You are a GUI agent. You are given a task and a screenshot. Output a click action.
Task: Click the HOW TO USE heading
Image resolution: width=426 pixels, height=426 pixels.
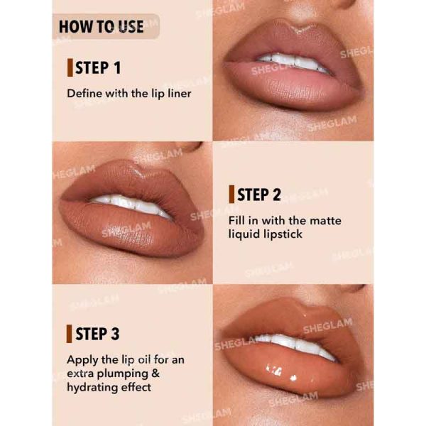101,27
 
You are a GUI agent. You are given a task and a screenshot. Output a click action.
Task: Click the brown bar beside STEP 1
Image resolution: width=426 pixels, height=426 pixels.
70,68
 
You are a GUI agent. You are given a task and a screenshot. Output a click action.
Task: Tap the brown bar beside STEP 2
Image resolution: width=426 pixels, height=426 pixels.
231,195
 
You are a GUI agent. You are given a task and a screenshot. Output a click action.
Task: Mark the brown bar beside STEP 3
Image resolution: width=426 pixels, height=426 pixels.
70,334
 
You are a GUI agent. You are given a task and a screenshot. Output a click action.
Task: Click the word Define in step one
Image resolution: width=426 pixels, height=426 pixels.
84,93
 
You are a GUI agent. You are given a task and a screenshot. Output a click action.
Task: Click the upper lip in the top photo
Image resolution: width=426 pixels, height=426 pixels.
291,43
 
